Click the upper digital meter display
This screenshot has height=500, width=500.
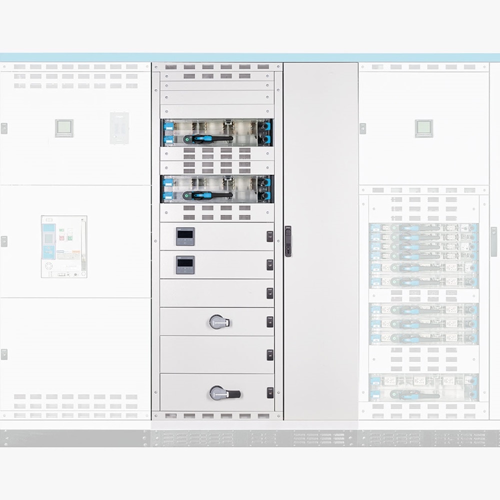(x=184, y=236)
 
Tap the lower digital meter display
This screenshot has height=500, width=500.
(x=184, y=264)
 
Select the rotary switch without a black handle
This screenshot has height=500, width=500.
(x=216, y=321)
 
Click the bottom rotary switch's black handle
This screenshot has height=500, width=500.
(x=231, y=393)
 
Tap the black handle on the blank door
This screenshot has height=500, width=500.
(x=288, y=241)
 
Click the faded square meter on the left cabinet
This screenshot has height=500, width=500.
(x=64, y=128)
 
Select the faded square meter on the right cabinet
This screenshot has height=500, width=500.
(x=424, y=128)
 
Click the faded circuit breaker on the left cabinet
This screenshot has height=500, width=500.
(x=64, y=246)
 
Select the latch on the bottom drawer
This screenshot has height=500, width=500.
(x=270, y=392)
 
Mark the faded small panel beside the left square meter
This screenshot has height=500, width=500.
(x=119, y=128)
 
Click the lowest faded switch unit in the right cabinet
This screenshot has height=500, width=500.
(x=424, y=387)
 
